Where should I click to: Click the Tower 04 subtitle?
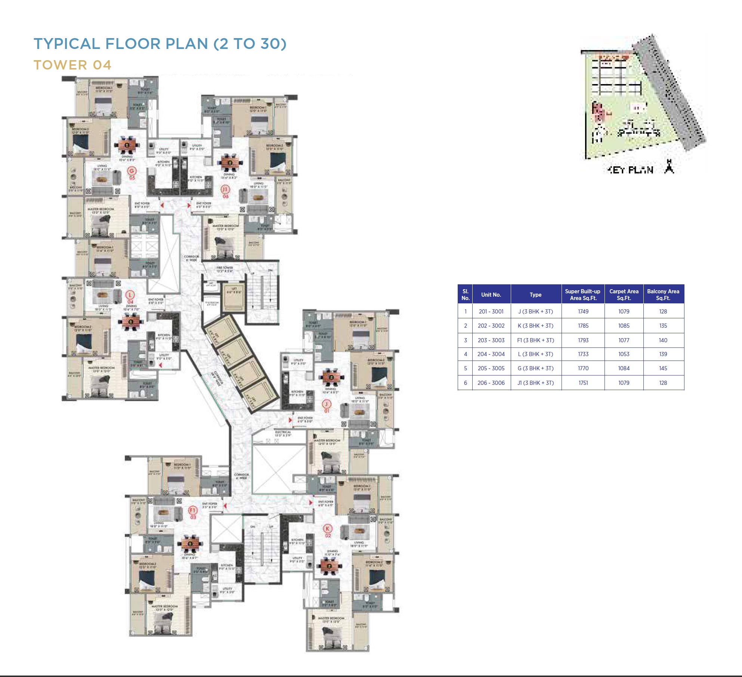point(72,65)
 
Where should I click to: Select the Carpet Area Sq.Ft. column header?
point(624,294)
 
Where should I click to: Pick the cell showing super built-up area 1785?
point(583,326)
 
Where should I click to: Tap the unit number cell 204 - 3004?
point(491,354)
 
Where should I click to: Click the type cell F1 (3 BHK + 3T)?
point(535,340)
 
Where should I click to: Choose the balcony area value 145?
point(663,368)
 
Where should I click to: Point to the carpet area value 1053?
point(624,354)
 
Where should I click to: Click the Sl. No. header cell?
point(465,294)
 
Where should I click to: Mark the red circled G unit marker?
point(132,171)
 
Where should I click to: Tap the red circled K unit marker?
point(328,529)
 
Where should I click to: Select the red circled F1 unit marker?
point(193,510)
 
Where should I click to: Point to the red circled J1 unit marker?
point(225,189)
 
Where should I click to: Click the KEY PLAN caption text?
point(630,170)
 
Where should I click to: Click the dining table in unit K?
point(329,566)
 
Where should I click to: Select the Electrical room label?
point(283,432)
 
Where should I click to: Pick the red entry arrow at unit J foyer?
point(290,420)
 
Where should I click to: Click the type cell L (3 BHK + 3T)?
point(535,354)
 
